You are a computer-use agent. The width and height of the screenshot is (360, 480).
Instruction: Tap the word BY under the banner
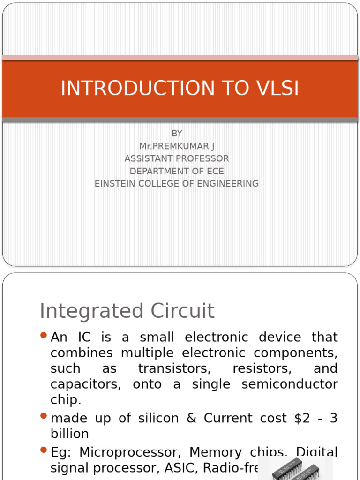tap(177, 134)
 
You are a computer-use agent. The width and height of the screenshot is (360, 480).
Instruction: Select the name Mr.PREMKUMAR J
tap(177, 146)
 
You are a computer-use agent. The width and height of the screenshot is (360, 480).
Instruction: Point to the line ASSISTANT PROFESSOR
tap(177, 158)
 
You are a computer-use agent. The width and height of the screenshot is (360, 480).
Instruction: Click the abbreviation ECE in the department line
tap(213, 171)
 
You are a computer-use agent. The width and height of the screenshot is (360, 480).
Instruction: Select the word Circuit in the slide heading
tap(184, 311)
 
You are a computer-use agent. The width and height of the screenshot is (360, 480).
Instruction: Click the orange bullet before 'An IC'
tap(44, 335)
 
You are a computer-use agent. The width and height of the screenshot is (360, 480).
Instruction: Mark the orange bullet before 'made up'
tap(44, 416)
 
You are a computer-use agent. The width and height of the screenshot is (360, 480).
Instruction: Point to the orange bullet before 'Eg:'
tap(44, 450)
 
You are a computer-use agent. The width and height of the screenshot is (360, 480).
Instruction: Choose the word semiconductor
tap(289, 384)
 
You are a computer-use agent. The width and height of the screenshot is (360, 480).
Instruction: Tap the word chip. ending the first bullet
tap(66, 400)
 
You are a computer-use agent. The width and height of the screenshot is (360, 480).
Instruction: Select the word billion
tap(69, 434)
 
